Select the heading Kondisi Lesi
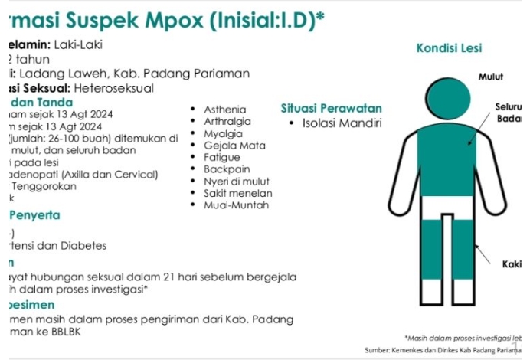point(449,48)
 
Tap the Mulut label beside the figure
point(491,77)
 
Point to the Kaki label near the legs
point(512,264)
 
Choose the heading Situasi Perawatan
point(331,108)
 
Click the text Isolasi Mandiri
point(342,123)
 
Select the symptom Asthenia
point(225,110)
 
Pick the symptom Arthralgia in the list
point(227,121)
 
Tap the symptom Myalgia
point(223,133)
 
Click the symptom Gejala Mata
point(234,145)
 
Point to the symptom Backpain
point(227,169)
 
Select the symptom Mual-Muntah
point(236,205)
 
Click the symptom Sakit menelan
point(237,193)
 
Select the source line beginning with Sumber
point(447,350)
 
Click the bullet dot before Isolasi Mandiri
point(293,123)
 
